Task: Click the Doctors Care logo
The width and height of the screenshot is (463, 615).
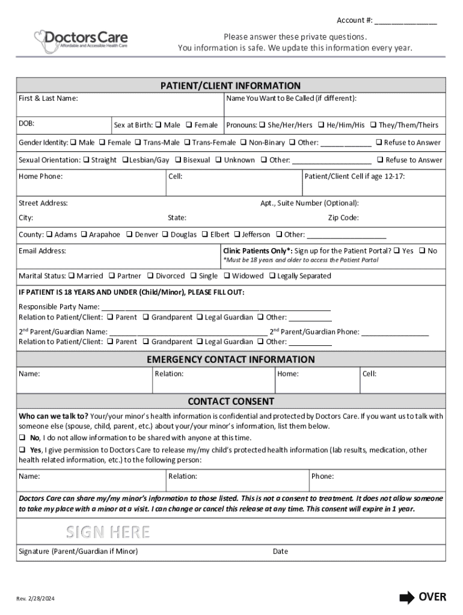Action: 81,38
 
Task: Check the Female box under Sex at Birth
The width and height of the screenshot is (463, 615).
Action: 189,126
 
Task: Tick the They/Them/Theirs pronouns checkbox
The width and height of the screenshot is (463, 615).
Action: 373,126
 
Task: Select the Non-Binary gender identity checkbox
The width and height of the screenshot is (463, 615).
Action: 244,143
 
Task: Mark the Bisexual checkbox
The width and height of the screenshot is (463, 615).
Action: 178,160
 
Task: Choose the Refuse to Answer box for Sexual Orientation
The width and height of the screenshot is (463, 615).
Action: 380,160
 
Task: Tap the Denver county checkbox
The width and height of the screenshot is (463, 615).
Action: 129,235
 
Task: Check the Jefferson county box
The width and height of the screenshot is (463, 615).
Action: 237,235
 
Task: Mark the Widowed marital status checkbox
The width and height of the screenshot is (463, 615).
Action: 227,276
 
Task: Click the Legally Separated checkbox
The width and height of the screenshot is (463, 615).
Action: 272,276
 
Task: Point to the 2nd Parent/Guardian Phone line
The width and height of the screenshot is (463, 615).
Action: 395,332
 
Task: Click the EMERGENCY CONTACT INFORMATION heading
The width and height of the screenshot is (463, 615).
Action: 231,360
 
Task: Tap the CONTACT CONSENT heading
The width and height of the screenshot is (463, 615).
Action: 231,401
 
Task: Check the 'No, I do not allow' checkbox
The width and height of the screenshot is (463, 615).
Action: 22,438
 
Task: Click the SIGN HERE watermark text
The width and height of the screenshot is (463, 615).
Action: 108,532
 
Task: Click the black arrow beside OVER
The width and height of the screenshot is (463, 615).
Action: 407,597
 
